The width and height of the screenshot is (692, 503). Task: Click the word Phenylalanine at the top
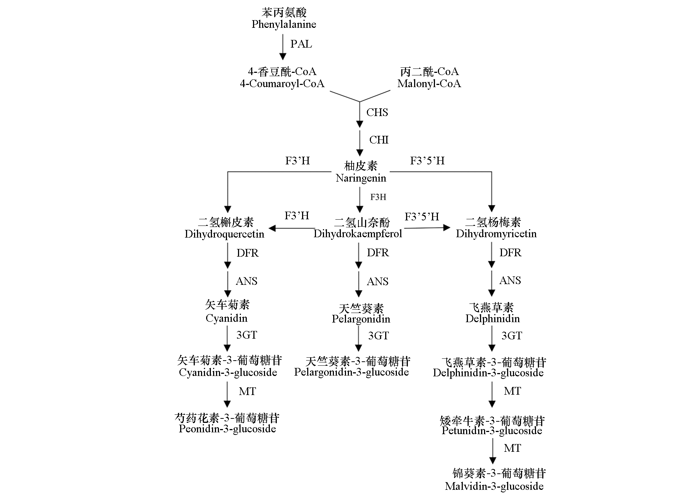pyautogui.click(x=284, y=25)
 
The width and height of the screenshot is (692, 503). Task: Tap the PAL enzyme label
pyautogui.click(x=301, y=44)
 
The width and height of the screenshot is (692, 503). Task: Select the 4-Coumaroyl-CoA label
pyautogui.click(x=282, y=84)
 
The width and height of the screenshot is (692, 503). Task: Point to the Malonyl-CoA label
pyautogui.click(x=429, y=84)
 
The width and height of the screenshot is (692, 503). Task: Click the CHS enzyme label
pyautogui.click(x=377, y=112)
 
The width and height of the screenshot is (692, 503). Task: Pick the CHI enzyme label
pyautogui.click(x=379, y=140)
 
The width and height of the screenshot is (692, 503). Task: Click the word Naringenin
pyautogui.click(x=361, y=178)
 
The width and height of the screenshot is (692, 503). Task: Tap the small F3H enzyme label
pyautogui.click(x=378, y=197)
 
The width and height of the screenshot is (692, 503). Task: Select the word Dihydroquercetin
pyautogui.click(x=224, y=234)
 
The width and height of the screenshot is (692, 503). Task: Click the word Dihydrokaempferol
pyautogui.click(x=358, y=234)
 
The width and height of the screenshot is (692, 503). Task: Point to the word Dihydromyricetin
pyautogui.click(x=496, y=234)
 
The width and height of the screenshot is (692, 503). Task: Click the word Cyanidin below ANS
pyautogui.click(x=226, y=318)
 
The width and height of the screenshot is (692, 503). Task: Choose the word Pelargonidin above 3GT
pyautogui.click(x=361, y=319)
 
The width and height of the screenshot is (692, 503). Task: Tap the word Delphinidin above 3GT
pyautogui.click(x=492, y=318)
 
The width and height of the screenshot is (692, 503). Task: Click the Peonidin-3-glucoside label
pyautogui.click(x=227, y=429)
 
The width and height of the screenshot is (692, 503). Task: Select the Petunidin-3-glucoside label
pyautogui.click(x=492, y=431)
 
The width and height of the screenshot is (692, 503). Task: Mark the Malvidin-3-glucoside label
pyautogui.click(x=494, y=487)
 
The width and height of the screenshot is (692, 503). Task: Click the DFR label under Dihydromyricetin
pyautogui.click(x=510, y=253)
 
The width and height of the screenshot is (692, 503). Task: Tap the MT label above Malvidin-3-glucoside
pyautogui.click(x=512, y=448)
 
